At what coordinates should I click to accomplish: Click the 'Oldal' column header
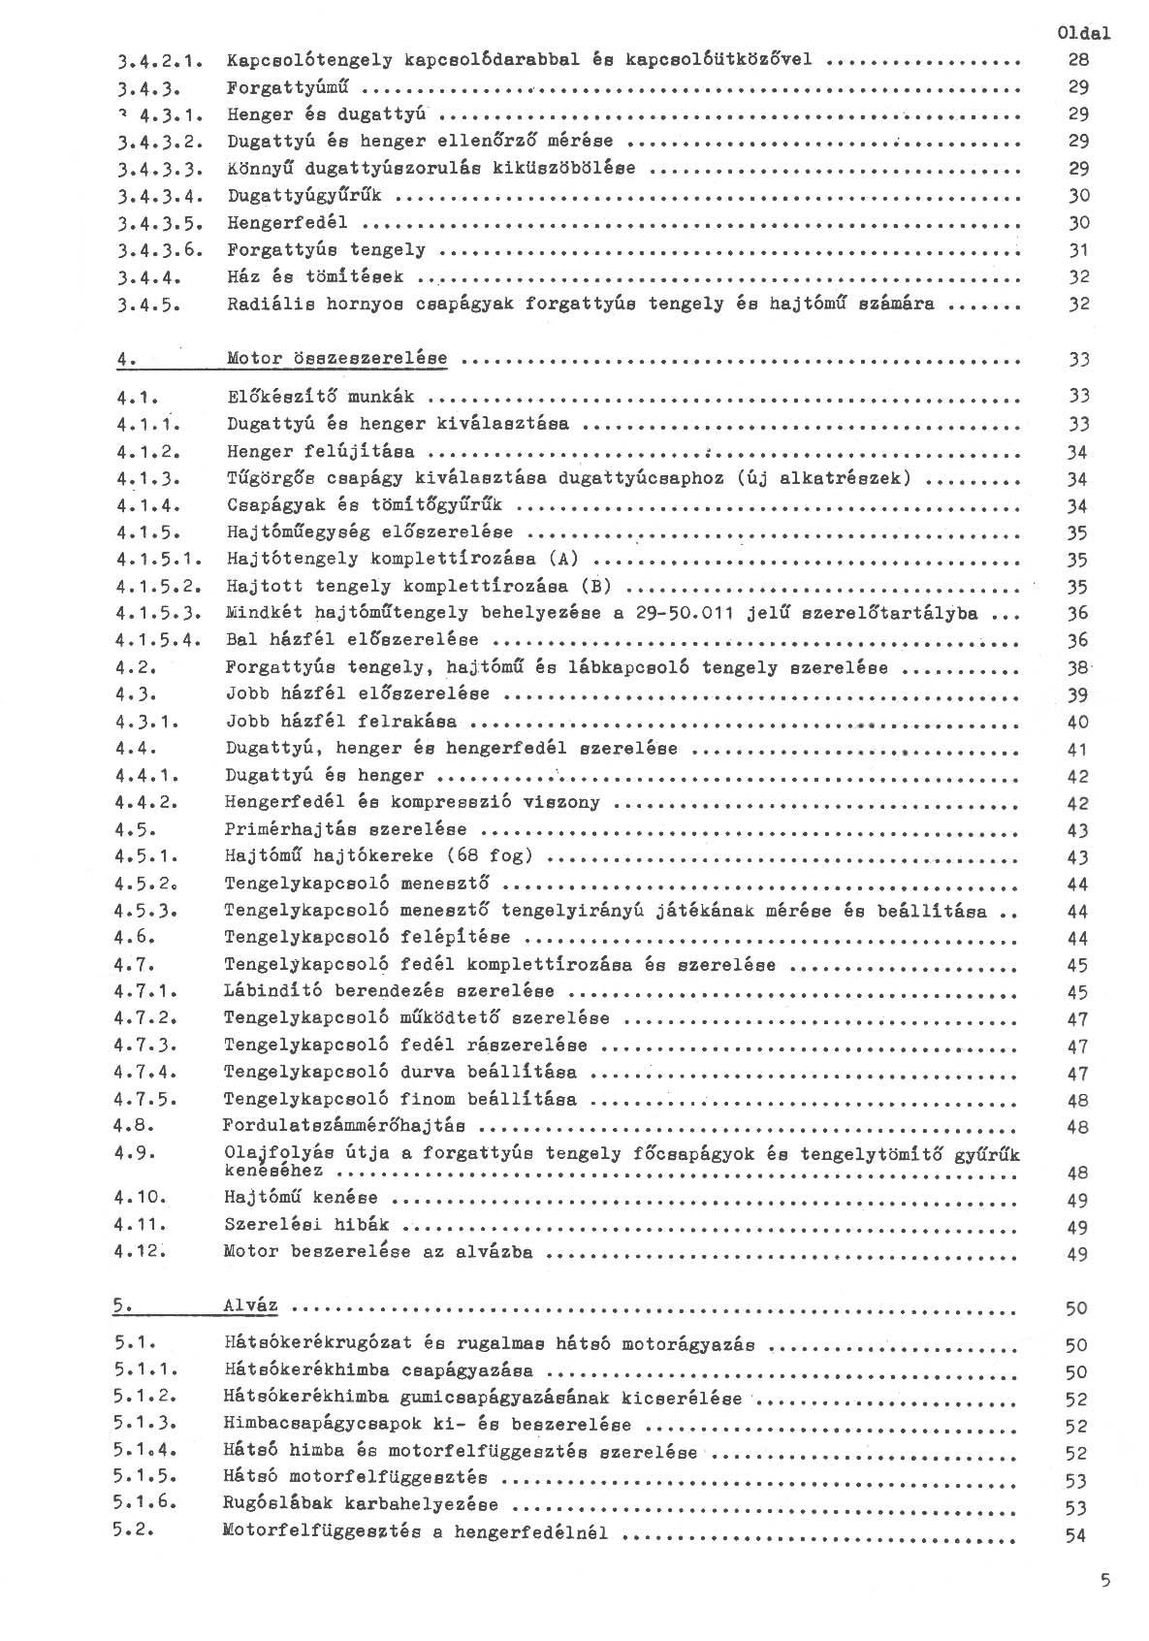[x=1083, y=33]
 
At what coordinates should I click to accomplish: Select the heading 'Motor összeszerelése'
[x=336, y=359]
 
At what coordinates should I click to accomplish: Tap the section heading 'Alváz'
[x=250, y=1305]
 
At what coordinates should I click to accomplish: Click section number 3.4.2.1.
[x=154, y=60]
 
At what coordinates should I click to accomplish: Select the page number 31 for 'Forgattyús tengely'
[x=1078, y=250]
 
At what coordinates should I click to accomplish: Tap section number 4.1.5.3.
[x=157, y=613]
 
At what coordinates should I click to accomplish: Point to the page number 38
[x=1078, y=668]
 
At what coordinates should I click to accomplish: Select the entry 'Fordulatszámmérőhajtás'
[x=344, y=1126]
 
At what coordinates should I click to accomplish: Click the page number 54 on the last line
[x=1075, y=1535]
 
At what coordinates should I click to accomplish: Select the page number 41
[x=1078, y=749]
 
